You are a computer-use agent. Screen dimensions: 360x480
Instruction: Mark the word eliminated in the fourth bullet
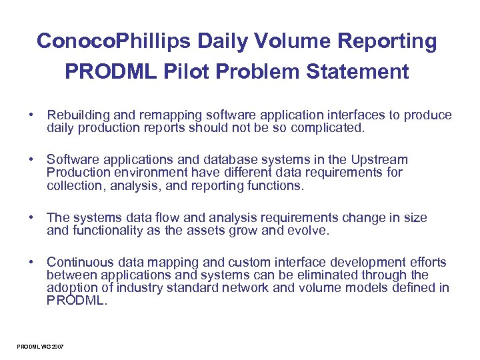pos(315,275)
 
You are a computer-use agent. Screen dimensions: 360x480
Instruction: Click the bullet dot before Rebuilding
pos(31,115)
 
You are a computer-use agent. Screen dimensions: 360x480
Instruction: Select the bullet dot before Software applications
pos(31,160)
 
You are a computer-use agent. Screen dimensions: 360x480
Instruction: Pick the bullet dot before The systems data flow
pos(31,218)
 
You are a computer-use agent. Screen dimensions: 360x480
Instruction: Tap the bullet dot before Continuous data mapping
pos(31,262)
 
